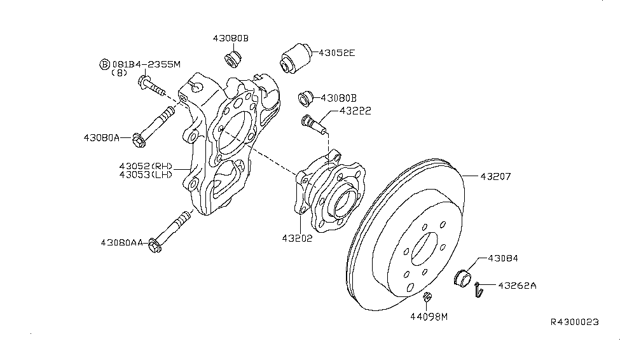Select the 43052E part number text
[336, 53]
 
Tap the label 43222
[355, 111]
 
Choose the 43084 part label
[504, 259]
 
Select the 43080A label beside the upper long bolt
[102, 137]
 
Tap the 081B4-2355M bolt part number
[146, 64]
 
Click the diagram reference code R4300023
[574, 322]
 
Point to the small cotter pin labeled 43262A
[479, 289]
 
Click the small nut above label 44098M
[428, 296]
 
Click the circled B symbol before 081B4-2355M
[104, 64]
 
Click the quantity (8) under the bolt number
[119, 73]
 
